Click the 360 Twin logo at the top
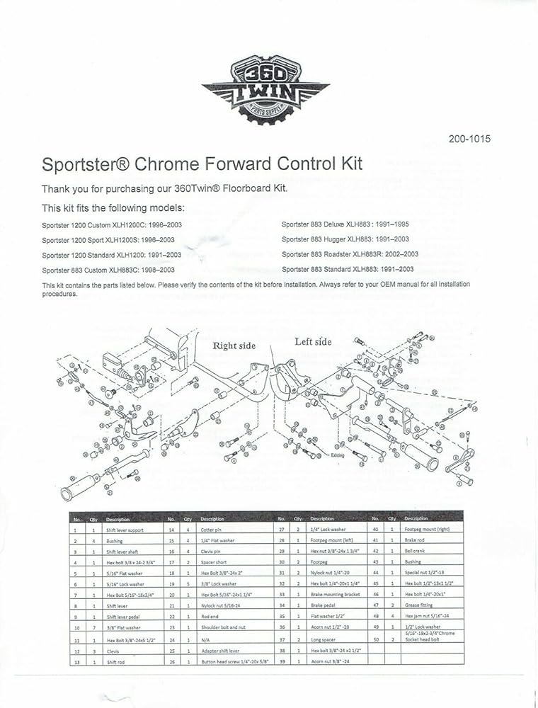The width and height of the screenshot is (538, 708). (x=266, y=88)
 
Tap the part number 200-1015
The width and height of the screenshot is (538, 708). (x=469, y=139)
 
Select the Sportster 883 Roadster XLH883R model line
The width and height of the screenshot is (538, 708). (x=350, y=254)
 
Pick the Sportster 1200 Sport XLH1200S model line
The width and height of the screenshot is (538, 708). (x=108, y=240)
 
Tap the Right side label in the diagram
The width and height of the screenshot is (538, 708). (x=234, y=346)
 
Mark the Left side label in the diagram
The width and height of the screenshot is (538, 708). (x=313, y=342)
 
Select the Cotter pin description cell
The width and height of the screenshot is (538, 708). (x=212, y=529)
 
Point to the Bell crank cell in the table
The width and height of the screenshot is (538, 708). (x=414, y=550)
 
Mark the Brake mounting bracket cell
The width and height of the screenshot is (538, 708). (x=336, y=594)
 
